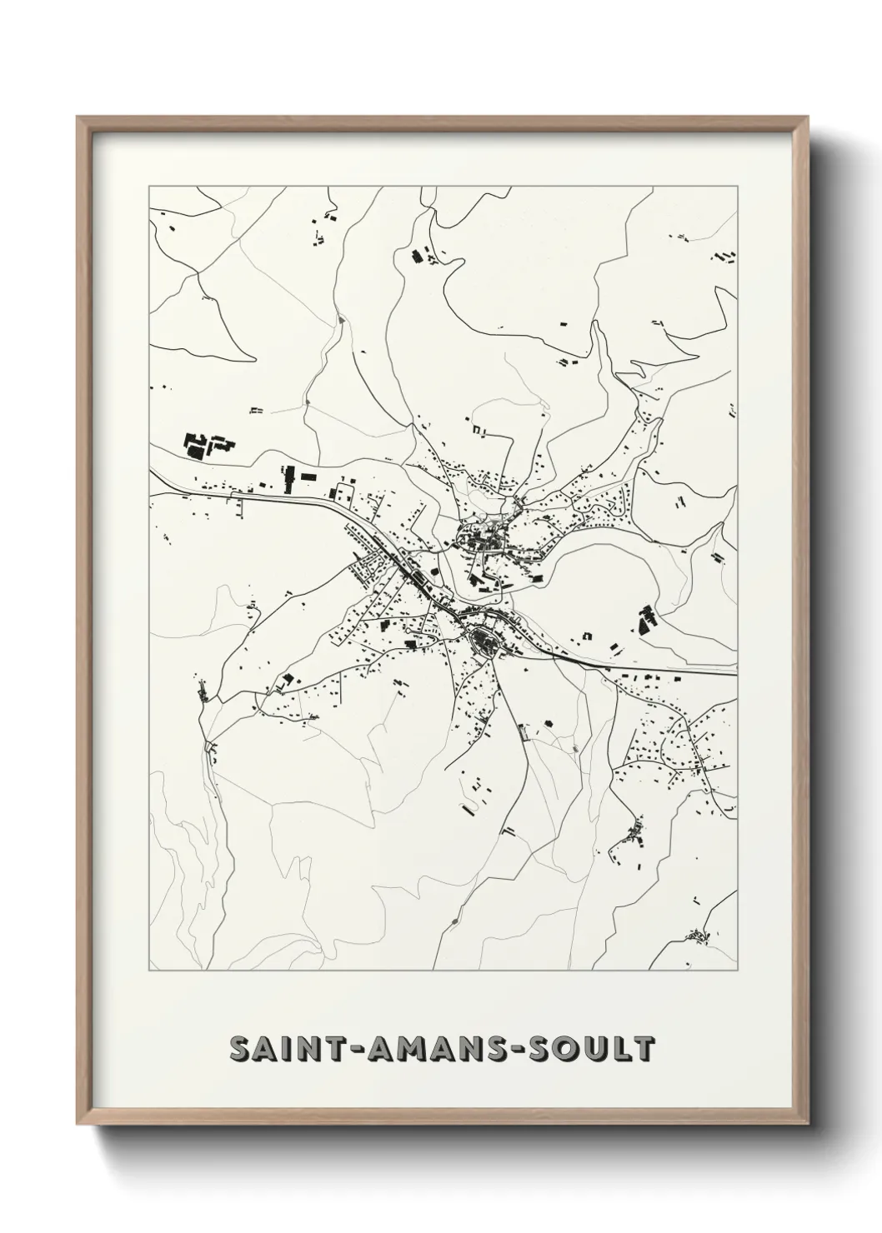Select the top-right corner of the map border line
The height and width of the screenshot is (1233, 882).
[x=737, y=187]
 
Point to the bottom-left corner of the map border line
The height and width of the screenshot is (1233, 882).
[x=149, y=971]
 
